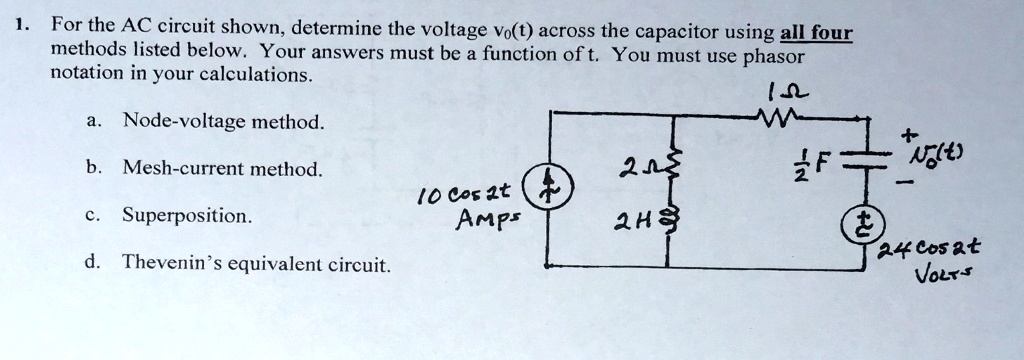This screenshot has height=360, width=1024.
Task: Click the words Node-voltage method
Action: pyautogui.click(x=223, y=122)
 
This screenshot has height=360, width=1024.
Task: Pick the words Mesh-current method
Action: pyautogui.click(x=222, y=169)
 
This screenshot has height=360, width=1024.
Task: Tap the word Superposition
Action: pyautogui.click(x=187, y=215)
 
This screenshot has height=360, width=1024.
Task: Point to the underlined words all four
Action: pyautogui.click(x=814, y=32)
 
